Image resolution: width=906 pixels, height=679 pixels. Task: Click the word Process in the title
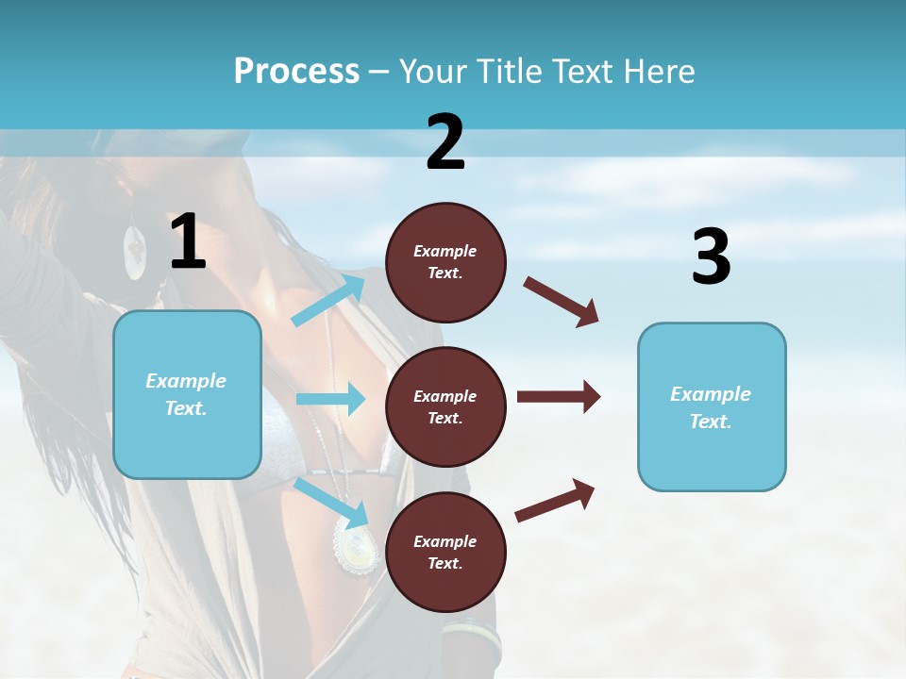pyautogui.click(x=296, y=71)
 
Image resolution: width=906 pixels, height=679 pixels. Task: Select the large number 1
pyautogui.click(x=188, y=242)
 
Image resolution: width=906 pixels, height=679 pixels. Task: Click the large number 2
pyautogui.click(x=445, y=142)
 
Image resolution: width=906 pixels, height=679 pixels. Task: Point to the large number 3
pyautogui.click(x=711, y=257)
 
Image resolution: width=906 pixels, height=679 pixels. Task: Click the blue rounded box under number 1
pyautogui.click(x=187, y=394)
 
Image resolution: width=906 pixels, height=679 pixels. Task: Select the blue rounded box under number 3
pyautogui.click(x=712, y=406)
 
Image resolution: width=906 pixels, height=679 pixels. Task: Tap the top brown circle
pyautogui.click(x=445, y=262)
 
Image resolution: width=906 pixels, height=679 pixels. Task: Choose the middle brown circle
pyautogui.click(x=445, y=406)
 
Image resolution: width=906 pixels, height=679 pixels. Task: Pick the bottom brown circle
pyautogui.click(x=445, y=552)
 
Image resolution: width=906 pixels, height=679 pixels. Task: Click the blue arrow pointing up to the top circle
pyautogui.click(x=329, y=300)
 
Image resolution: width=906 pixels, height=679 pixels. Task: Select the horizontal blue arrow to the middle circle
pyautogui.click(x=330, y=399)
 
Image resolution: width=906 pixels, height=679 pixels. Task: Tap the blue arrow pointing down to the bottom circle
pyautogui.click(x=331, y=503)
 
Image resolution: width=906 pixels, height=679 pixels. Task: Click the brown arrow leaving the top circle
pyautogui.click(x=562, y=302)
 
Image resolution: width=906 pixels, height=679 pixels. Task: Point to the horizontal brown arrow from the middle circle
pyautogui.click(x=558, y=396)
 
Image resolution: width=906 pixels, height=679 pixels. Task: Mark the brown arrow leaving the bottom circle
pyautogui.click(x=555, y=500)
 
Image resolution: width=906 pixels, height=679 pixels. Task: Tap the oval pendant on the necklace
pyautogui.click(x=357, y=546)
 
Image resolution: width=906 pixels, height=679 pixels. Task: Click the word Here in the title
pyautogui.click(x=658, y=71)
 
